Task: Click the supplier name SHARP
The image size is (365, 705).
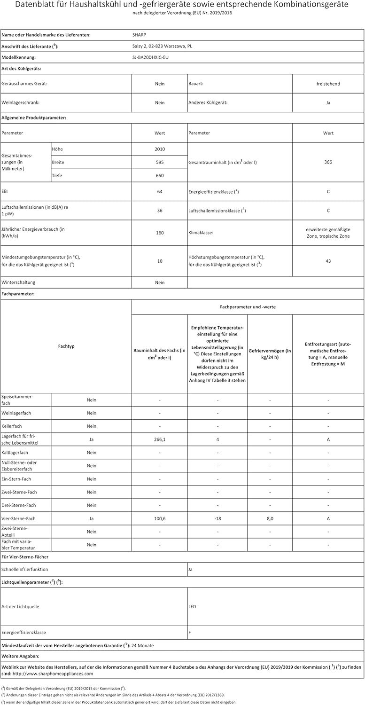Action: (140, 35)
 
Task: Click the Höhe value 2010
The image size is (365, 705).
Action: (160, 149)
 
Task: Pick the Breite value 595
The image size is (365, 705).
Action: (160, 162)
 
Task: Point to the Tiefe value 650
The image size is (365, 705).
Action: (160, 175)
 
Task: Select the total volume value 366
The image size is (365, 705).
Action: (328, 162)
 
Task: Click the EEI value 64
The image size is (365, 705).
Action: (160, 192)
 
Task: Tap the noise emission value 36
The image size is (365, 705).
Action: (160, 211)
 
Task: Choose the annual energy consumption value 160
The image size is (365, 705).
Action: (160, 232)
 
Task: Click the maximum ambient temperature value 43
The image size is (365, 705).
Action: (328, 261)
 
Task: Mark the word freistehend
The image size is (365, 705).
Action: (328, 84)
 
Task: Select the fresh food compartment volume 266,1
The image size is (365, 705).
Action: (160, 439)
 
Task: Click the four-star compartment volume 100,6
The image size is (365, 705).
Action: (160, 518)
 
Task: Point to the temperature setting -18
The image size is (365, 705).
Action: (217, 518)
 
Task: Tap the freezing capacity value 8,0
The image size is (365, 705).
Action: (270, 518)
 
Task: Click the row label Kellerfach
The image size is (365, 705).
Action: (13, 426)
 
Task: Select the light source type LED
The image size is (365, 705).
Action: (192, 606)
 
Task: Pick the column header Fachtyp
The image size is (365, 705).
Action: (66, 346)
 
